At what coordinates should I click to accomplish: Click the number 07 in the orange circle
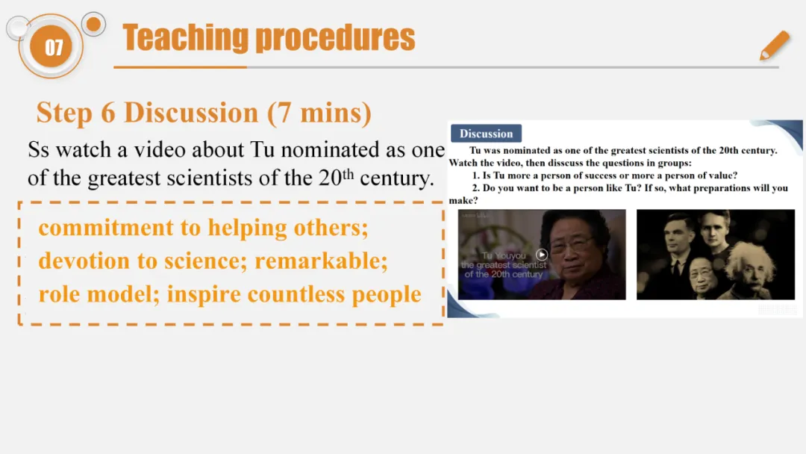coord(54,48)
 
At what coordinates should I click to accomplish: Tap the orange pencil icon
coord(775,46)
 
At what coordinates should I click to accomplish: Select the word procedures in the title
coord(335,38)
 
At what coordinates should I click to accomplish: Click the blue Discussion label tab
coord(487,134)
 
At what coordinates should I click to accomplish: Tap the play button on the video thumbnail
coord(541,255)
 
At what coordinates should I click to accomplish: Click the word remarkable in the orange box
coord(321,261)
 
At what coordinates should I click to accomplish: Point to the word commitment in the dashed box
coord(106,228)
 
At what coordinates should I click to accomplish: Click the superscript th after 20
coord(348,174)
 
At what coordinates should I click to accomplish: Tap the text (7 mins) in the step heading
coord(319,113)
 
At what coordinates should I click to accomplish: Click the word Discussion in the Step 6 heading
coord(191,113)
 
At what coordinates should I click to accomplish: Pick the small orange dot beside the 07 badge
coord(93,24)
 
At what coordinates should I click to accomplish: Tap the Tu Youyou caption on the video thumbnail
coord(504,255)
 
